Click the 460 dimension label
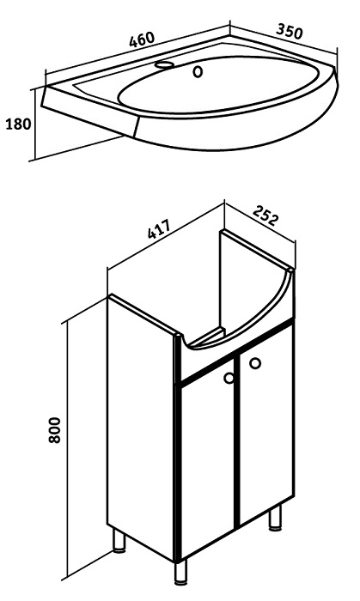pyautogui.click(x=142, y=39)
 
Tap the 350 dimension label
pyautogui.click(x=290, y=31)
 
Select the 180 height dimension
pyautogui.click(x=18, y=124)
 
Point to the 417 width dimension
pyautogui.click(x=159, y=228)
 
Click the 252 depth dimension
pyautogui.click(x=265, y=215)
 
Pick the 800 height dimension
pyautogui.click(x=55, y=430)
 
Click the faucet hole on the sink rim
pyautogui.click(x=165, y=64)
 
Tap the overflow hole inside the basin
pyautogui.click(x=198, y=71)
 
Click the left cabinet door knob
pyautogui.click(x=229, y=378)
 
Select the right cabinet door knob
pyautogui.click(x=255, y=363)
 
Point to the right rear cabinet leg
pyautogui.click(x=274, y=518)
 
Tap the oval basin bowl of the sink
pyautogui.click(x=218, y=85)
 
